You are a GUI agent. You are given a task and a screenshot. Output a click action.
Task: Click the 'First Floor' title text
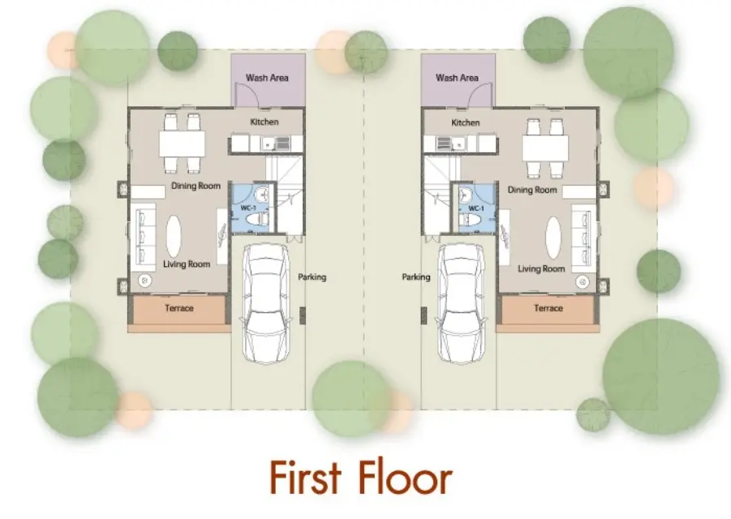tap(361, 478)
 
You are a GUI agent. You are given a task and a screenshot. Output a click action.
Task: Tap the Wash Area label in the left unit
tap(267, 78)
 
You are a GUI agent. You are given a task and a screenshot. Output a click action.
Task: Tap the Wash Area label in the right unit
tap(457, 78)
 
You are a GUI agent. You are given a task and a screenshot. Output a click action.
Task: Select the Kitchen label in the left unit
tap(264, 122)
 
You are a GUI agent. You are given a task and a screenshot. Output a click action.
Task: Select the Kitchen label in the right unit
tap(465, 122)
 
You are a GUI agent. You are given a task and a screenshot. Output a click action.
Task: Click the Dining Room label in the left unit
tap(196, 186)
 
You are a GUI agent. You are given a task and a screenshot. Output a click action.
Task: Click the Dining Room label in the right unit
tap(532, 190)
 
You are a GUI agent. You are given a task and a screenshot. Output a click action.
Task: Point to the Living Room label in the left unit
tap(187, 264)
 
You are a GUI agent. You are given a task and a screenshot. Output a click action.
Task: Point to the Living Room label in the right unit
tap(541, 268)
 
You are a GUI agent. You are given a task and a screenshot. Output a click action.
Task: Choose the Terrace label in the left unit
tap(179, 308)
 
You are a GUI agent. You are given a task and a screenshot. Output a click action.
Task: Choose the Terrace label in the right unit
tap(548, 308)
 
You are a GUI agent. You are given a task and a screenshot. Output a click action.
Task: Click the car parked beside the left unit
tap(264, 302)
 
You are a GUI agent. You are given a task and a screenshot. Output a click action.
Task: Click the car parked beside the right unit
tap(461, 302)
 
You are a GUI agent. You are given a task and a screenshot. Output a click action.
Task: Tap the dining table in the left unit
tap(182, 144)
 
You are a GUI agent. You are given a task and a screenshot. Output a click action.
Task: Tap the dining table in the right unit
tap(545, 148)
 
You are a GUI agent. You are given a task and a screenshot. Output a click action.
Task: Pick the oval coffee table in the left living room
tap(174, 237)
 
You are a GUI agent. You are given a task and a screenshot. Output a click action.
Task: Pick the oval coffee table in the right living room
tap(553, 238)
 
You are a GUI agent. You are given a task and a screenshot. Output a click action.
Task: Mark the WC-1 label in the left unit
tap(248, 208)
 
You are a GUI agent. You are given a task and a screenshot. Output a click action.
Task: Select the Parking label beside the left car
tap(312, 277)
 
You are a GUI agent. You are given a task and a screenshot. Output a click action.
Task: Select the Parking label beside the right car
tap(416, 277)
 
